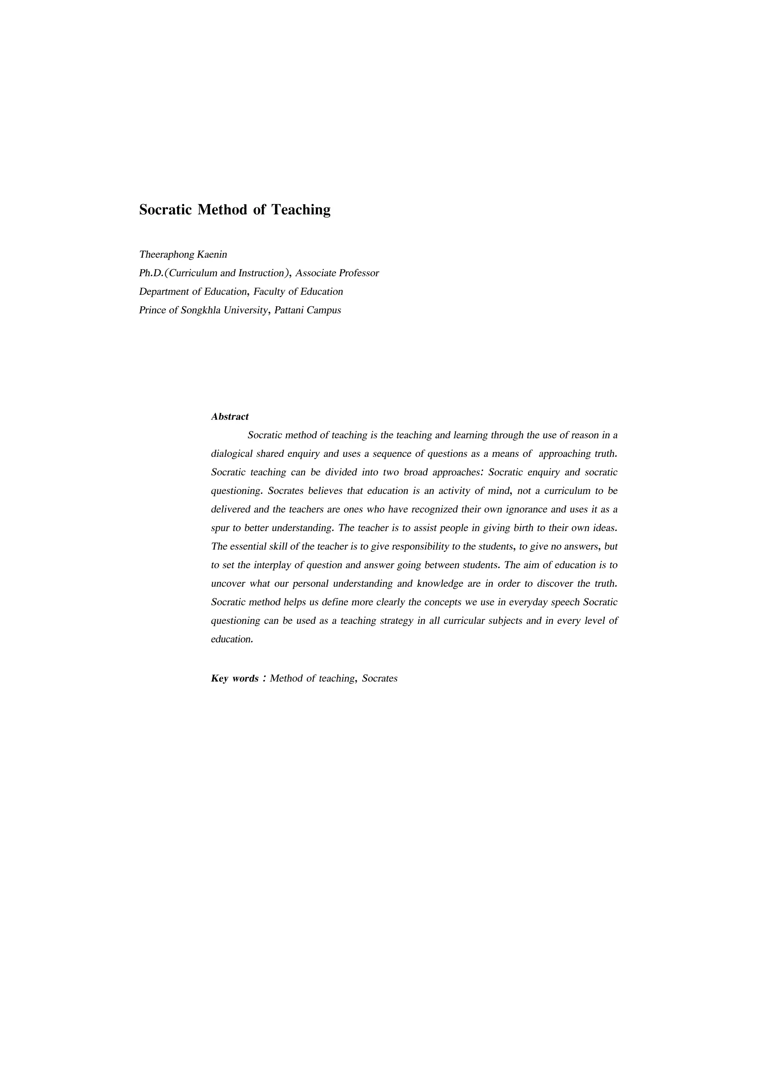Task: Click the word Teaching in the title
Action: [301, 210]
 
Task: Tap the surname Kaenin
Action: [212, 255]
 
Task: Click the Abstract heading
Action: [230, 417]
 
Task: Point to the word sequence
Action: [392, 454]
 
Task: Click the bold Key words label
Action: [234, 679]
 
